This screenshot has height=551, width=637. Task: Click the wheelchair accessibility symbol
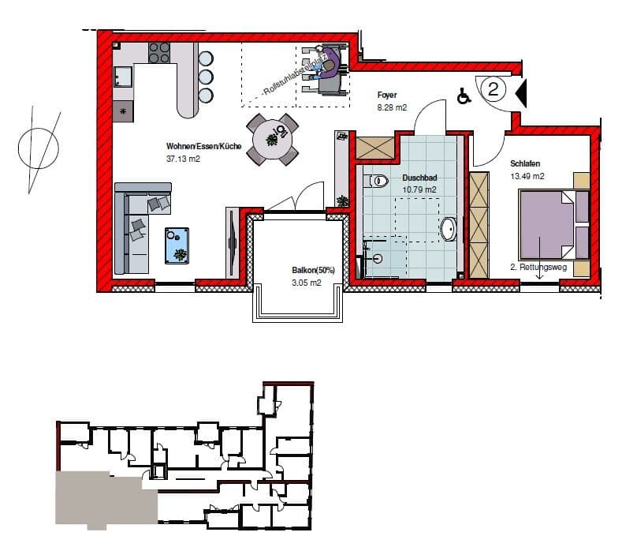(x=464, y=96)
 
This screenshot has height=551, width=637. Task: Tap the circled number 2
(x=494, y=88)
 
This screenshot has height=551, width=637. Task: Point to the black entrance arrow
(x=521, y=93)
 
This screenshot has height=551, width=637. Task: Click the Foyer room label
(x=387, y=96)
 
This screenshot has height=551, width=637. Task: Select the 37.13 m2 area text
(x=183, y=159)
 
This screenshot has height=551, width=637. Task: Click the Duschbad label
(x=419, y=178)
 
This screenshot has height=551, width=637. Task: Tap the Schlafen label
(x=525, y=163)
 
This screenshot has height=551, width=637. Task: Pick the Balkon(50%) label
(x=313, y=270)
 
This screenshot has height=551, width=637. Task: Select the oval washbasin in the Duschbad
(x=449, y=230)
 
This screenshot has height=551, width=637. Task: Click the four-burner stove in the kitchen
(x=159, y=53)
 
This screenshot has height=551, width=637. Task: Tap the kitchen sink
(x=123, y=77)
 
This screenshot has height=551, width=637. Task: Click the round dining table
(x=272, y=140)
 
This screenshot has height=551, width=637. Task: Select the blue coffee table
(x=177, y=246)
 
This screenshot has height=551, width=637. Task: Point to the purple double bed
(x=554, y=224)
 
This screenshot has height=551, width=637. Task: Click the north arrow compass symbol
(x=39, y=148)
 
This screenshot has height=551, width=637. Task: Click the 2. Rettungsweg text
(x=538, y=267)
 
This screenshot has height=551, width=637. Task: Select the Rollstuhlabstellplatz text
(x=296, y=75)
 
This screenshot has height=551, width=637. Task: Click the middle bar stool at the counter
(x=206, y=77)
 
